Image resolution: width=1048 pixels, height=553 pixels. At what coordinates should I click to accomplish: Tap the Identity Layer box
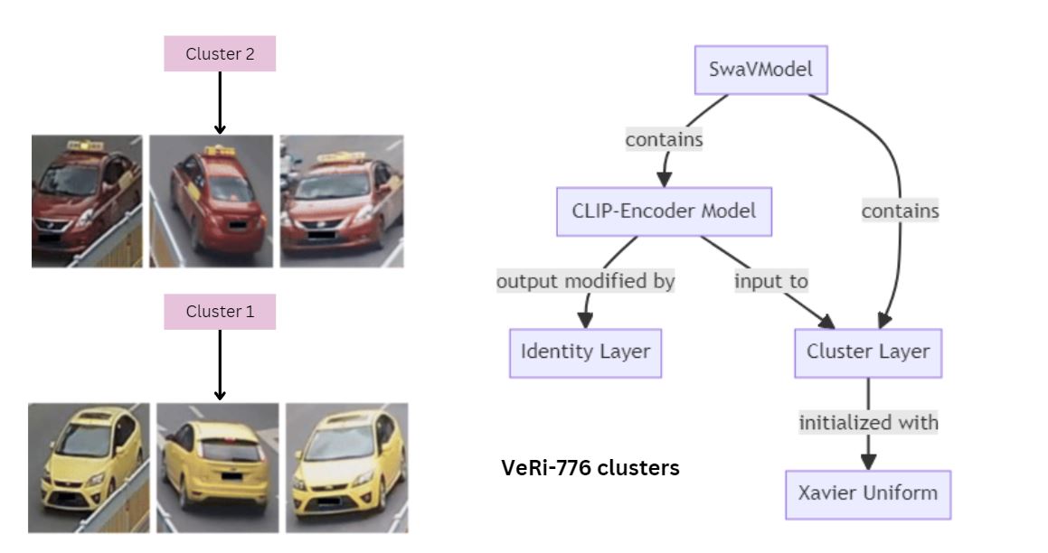pyautogui.click(x=585, y=351)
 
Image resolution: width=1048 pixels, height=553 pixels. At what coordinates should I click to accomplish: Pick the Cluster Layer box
pyautogui.click(x=868, y=351)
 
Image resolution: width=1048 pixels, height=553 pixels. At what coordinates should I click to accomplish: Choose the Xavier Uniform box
pyautogui.click(x=867, y=493)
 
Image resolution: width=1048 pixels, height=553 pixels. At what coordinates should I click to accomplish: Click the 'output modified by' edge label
pyautogui.click(x=585, y=281)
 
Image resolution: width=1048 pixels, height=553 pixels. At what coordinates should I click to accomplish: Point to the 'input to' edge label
pyautogui.click(x=770, y=281)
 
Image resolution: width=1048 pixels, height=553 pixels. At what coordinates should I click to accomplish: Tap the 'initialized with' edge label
pyautogui.click(x=868, y=422)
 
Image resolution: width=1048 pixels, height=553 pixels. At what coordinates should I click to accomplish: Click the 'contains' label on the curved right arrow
pyautogui.click(x=900, y=211)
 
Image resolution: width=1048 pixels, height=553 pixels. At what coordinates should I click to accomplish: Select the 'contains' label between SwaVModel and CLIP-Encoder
pyautogui.click(x=664, y=140)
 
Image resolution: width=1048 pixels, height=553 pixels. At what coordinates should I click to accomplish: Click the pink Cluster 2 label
pyautogui.click(x=220, y=54)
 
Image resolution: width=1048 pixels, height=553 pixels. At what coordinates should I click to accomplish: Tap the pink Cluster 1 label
pyautogui.click(x=220, y=312)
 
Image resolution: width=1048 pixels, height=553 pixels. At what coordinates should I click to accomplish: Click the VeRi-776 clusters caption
pyautogui.click(x=590, y=468)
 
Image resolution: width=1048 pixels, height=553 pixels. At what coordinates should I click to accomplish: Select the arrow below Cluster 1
pyautogui.click(x=220, y=363)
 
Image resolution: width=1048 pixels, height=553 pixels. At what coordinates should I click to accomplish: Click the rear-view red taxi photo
pyautogui.click(x=211, y=201)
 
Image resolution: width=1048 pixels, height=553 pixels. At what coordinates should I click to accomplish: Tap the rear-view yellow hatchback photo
pyautogui.click(x=218, y=466)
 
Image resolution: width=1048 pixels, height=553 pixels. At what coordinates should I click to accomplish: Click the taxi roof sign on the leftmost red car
pyautogui.click(x=84, y=145)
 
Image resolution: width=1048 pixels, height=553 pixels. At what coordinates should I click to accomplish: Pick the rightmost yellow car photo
pyautogui.click(x=346, y=466)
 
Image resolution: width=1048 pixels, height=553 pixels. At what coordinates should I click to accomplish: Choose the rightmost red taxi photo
pyautogui.click(x=341, y=201)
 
